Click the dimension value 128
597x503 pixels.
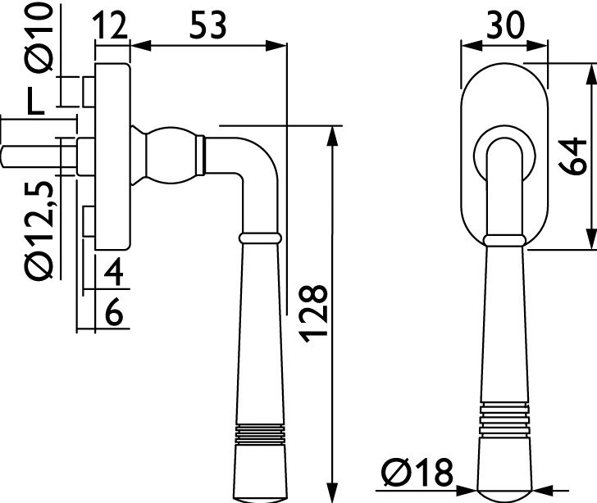(315, 312)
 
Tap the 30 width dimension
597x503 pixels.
(504, 25)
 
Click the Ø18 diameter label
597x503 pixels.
(417, 473)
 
